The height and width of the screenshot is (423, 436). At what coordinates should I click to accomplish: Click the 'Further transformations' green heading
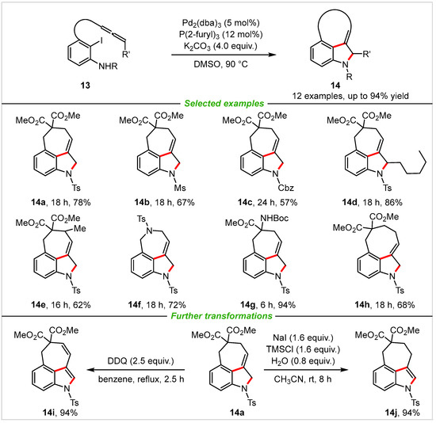(217, 317)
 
